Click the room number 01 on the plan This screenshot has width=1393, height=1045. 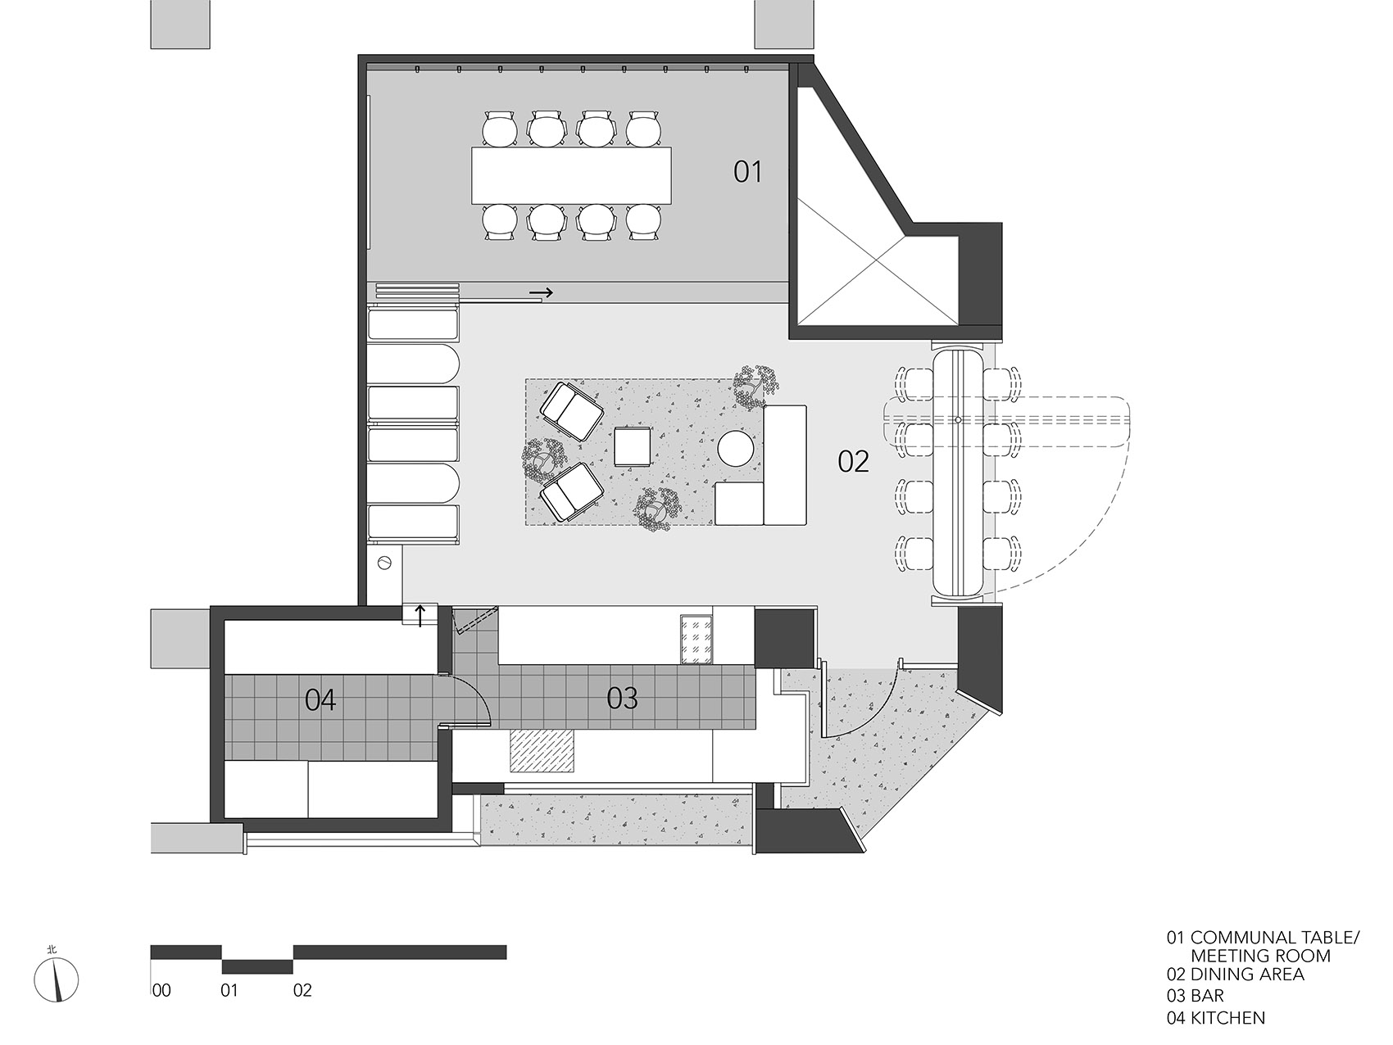coord(747,172)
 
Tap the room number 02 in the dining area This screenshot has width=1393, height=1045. coord(853,462)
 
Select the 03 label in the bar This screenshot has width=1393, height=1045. coord(622,698)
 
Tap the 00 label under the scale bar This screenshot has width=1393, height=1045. coord(161,990)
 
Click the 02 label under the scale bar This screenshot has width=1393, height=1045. coord(302,990)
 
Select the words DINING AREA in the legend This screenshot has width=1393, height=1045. coord(1246,974)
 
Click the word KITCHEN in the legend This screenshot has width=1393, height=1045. coord(1227,1018)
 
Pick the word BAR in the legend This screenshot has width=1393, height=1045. coord(1207,996)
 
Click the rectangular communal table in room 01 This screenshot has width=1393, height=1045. coord(572,175)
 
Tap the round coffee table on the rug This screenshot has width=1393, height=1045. coord(735,448)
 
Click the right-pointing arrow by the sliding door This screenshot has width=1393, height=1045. coord(541,292)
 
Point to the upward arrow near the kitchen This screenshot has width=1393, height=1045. coord(421,615)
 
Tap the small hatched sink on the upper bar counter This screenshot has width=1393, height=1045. coord(696,639)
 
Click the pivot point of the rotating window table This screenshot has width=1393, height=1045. coord(958,419)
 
